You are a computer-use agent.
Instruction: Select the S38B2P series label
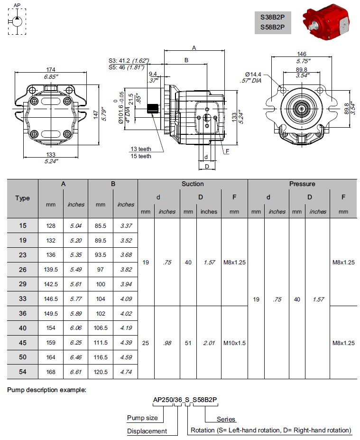(x=272, y=17)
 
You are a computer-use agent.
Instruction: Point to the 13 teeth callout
(x=141, y=149)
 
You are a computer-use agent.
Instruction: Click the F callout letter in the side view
(x=228, y=151)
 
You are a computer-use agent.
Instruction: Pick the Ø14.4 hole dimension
(x=253, y=74)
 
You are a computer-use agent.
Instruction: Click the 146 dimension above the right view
(x=302, y=54)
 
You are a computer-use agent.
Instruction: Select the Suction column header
(x=193, y=184)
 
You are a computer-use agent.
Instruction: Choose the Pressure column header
(x=302, y=184)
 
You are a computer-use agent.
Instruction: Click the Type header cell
(x=22, y=198)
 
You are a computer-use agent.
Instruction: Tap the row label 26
(x=23, y=269)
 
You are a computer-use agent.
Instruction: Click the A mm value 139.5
(x=51, y=269)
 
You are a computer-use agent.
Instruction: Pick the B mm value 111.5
(x=101, y=343)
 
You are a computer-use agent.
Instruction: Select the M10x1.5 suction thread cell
(x=234, y=343)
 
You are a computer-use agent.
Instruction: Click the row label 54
(x=23, y=372)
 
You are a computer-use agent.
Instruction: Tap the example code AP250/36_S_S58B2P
(x=185, y=400)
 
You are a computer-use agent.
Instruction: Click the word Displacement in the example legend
(x=147, y=431)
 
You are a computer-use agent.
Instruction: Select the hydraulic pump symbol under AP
(x=17, y=22)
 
